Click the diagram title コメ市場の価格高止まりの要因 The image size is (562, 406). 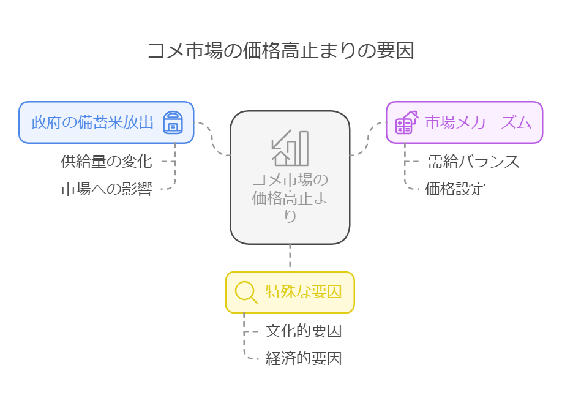280,50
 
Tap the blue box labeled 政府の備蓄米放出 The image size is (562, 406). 92,122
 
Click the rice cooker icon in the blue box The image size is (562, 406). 173,122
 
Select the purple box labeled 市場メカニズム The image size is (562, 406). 464,122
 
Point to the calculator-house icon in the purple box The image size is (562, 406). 406,122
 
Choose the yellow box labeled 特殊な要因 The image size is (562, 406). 290,292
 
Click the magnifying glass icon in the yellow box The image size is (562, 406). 246,292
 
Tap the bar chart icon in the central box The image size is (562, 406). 290,148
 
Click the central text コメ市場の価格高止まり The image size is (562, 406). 290,198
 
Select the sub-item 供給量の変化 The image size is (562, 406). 106,162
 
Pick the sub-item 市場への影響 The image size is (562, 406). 106,189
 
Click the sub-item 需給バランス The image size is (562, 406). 473,162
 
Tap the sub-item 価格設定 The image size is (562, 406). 455,189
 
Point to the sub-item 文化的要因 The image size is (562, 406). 303,331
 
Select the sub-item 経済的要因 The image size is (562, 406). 303,359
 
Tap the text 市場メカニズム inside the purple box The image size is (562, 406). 478,122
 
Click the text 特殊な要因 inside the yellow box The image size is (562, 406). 303,292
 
